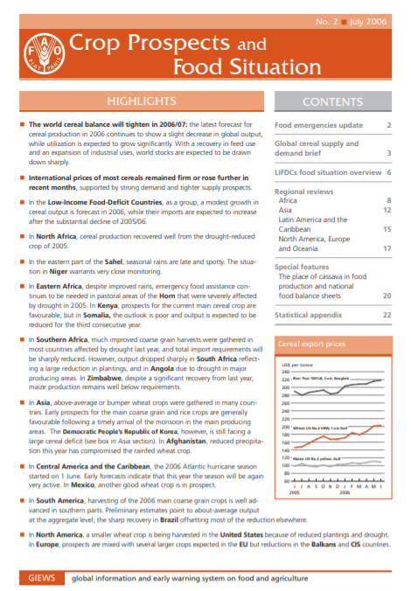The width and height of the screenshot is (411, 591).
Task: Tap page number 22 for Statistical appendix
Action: pos(387,313)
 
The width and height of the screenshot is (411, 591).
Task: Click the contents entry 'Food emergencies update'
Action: pos(312,125)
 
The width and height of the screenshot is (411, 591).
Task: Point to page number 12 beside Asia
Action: pos(387,210)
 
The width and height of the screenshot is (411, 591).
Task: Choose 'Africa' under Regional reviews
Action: pos(287,200)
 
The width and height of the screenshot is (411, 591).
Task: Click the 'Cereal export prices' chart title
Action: pos(309,344)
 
